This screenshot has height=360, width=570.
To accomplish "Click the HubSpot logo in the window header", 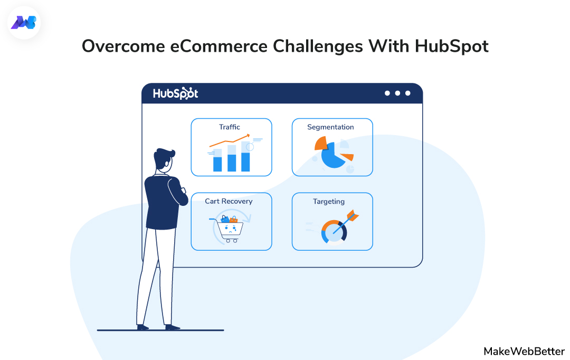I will [175, 93].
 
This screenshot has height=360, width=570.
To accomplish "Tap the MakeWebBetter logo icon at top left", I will [24, 23].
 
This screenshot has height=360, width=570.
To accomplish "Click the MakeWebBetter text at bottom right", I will [524, 351].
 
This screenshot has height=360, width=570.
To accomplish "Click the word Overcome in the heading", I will [122, 46].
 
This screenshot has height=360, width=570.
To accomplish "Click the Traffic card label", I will [230, 127].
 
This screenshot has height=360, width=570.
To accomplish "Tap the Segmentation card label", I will [330, 127].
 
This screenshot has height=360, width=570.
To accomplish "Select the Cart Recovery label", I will [229, 202].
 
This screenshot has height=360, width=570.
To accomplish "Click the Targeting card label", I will [329, 202].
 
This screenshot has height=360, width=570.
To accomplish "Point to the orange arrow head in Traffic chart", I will [250, 137].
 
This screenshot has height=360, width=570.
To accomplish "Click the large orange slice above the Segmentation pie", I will [320, 143].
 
